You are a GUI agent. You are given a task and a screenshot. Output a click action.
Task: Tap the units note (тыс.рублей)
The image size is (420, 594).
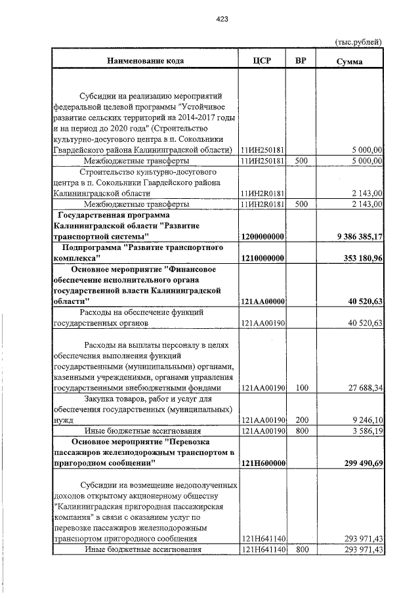click(x=358, y=41)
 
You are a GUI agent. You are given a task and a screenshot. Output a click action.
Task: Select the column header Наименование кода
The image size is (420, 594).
click(x=146, y=60)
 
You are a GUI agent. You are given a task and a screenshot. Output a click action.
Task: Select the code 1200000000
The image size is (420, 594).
click(x=262, y=236)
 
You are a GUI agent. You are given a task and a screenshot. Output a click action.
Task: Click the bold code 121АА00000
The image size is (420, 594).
click(x=262, y=301)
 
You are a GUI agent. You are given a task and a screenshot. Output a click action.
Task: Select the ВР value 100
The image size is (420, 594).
click(x=302, y=388)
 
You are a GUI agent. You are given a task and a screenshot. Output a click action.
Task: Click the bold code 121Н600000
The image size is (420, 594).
click(x=262, y=463)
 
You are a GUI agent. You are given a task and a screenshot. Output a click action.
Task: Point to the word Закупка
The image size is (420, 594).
click(x=102, y=398)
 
